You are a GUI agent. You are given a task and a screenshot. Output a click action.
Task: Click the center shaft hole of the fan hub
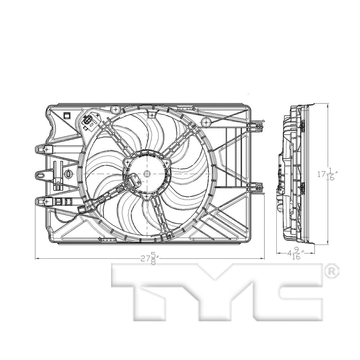click(x=147, y=173)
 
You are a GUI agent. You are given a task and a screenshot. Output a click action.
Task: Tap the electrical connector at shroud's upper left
click(x=89, y=121)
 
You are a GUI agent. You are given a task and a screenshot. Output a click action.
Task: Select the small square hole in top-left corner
click(x=67, y=115)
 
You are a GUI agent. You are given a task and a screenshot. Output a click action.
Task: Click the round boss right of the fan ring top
click(x=205, y=121)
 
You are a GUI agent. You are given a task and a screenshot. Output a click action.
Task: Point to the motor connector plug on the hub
click(x=134, y=181)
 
